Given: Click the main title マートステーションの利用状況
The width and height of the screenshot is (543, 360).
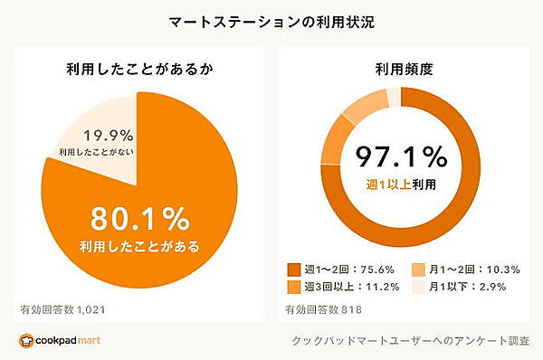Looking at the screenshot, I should point(271,20).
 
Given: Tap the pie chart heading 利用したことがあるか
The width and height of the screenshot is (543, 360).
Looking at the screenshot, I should point(138,68).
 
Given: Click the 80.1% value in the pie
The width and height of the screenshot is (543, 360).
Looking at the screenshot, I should point(138,220).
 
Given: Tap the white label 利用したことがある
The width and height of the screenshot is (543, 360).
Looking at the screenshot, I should point(138,245).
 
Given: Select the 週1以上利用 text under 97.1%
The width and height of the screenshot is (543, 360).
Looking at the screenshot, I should point(401,185).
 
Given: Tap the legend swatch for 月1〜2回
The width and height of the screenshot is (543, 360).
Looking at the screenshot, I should point(419,270).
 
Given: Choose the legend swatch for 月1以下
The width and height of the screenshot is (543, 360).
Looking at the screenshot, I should point(419,287).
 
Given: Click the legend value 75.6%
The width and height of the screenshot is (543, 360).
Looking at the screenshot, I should point(375,270).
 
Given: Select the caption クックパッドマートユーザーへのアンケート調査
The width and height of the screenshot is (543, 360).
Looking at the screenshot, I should point(409,341).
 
